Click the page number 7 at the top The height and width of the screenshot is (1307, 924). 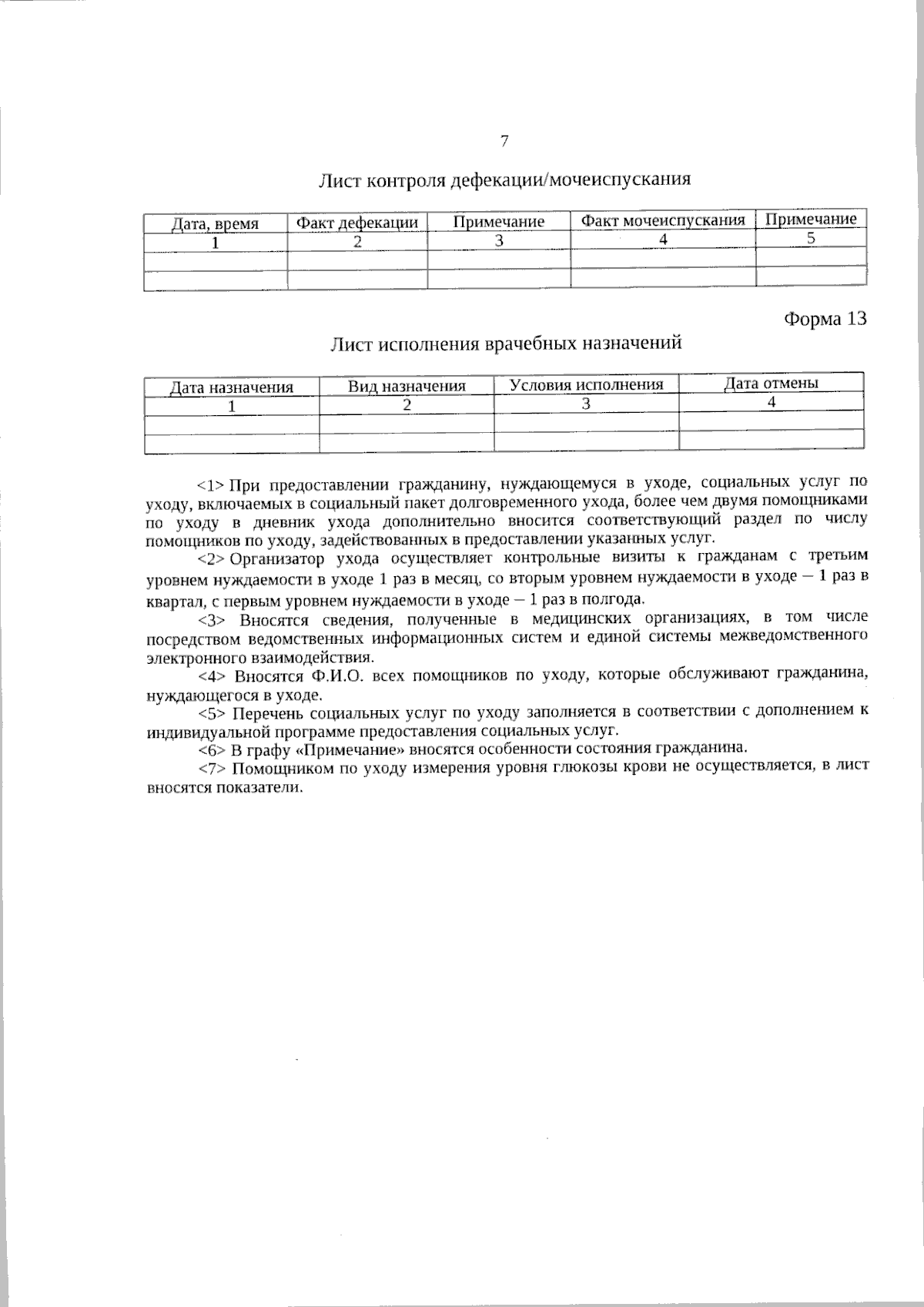pyautogui.click(x=504, y=141)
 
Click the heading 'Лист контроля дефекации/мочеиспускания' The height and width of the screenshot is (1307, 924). pyautogui.click(x=504, y=180)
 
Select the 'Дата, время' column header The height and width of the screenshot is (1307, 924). pyautogui.click(x=215, y=224)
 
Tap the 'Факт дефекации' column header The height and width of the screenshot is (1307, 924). pyautogui.click(x=357, y=223)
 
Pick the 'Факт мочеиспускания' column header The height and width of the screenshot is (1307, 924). pyautogui.click(x=663, y=220)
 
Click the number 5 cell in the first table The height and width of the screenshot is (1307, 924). pyautogui.click(x=811, y=238)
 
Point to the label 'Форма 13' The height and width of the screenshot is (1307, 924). pyautogui.click(x=825, y=319)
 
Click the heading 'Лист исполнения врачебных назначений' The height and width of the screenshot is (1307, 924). pyautogui.click(x=506, y=343)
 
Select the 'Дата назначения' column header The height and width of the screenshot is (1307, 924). pyautogui.click(x=232, y=387)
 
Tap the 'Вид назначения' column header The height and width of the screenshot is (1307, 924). pyautogui.click(x=407, y=386)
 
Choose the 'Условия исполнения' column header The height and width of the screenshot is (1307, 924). pyautogui.click(x=586, y=384)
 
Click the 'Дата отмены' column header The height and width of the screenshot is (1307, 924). pyautogui.click(x=771, y=383)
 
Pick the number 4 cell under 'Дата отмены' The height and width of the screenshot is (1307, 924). pyautogui.click(x=771, y=401)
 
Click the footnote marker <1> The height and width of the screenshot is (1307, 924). pyautogui.click(x=210, y=484)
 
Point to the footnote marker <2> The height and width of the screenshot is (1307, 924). pyautogui.click(x=210, y=558)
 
